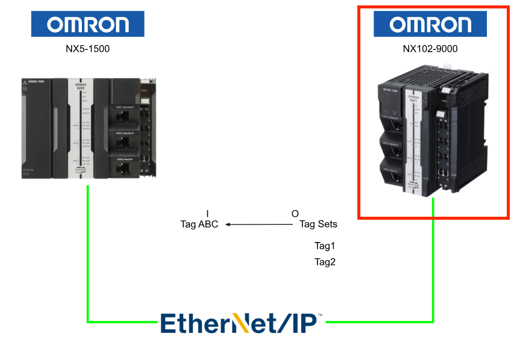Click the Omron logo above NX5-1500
point(88,24)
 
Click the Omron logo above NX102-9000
point(430,24)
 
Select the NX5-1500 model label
point(88,49)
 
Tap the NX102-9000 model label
point(430,49)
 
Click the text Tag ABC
point(199,225)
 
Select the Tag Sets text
point(318,225)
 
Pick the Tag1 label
point(325,246)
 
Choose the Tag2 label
point(325,262)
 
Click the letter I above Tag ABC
point(207,214)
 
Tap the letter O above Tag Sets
point(295,214)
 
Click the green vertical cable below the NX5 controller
point(88,253)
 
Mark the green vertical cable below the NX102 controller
point(433,259)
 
